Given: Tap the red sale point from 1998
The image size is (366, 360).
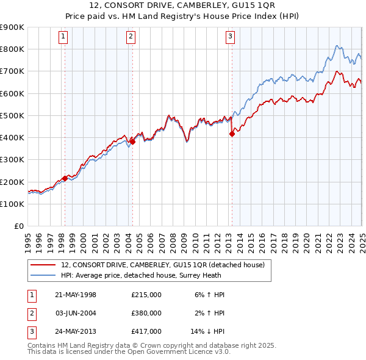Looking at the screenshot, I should (x=65, y=178).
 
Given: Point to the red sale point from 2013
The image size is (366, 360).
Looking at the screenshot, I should (x=232, y=134).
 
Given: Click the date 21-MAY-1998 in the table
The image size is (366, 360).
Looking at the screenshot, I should (x=76, y=295).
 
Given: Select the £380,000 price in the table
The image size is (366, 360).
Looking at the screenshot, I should (x=146, y=313).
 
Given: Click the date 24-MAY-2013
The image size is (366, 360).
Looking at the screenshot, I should (x=76, y=331).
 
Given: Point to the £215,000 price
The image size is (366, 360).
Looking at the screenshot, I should (x=146, y=295).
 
